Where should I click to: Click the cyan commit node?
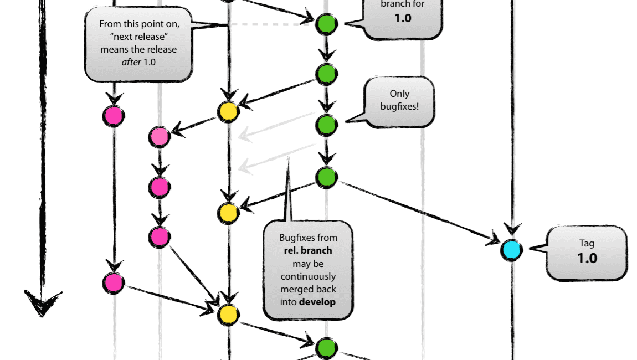pos(511,250)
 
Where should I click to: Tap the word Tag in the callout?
pos(587,243)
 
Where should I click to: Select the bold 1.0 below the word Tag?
pos(587,258)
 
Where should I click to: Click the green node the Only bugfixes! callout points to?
pos(326,125)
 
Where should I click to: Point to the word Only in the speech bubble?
pos(399,94)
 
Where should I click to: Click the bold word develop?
pos(317,302)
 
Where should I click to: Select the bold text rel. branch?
pos(308,250)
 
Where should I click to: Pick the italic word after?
pos(131,62)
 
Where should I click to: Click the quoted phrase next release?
pos(138,37)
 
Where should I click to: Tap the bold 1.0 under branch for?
pos(403,18)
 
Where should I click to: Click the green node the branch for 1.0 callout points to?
pos(326,24)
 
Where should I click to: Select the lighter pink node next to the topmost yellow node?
pos(160,137)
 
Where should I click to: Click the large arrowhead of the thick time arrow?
pos(42,302)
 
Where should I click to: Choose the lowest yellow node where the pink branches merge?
pos(228,314)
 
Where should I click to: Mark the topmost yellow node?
pos(228,112)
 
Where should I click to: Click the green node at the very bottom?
pos(326,349)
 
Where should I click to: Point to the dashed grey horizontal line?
pos(269,24)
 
